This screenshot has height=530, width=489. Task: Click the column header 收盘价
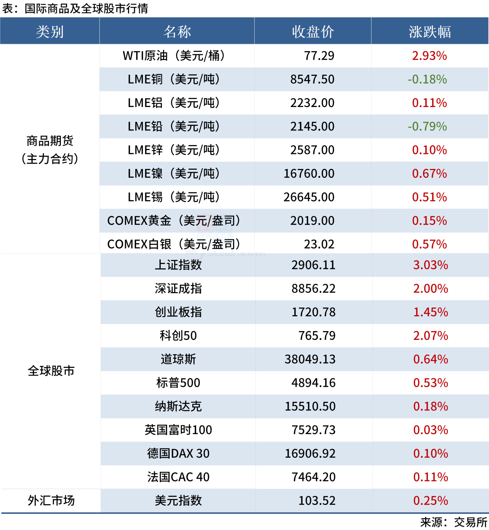(313, 32)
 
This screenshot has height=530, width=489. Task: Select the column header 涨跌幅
(430, 32)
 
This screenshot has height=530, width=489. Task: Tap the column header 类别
(50, 32)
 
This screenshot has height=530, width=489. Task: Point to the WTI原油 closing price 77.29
(319, 56)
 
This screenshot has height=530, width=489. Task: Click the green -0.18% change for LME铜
(427, 79)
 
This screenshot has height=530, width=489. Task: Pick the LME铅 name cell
(174, 127)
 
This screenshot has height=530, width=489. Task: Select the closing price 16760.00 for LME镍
(309, 174)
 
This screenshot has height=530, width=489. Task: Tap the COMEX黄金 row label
(174, 221)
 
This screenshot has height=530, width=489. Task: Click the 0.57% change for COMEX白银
(429, 244)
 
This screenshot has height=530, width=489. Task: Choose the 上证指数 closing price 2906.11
(313, 265)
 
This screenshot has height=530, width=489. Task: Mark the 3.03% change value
(430, 265)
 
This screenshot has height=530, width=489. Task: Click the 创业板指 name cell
(178, 312)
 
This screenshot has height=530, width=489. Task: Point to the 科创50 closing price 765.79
(317, 336)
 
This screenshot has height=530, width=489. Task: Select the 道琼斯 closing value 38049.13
(310, 359)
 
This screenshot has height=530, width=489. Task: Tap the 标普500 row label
(178, 383)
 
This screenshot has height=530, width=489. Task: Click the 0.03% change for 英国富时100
(430, 430)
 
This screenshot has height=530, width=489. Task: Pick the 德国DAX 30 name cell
(178, 453)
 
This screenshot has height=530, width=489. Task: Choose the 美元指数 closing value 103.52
(317, 501)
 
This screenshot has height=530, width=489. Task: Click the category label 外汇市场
(51, 501)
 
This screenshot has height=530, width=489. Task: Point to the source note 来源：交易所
(454, 522)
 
